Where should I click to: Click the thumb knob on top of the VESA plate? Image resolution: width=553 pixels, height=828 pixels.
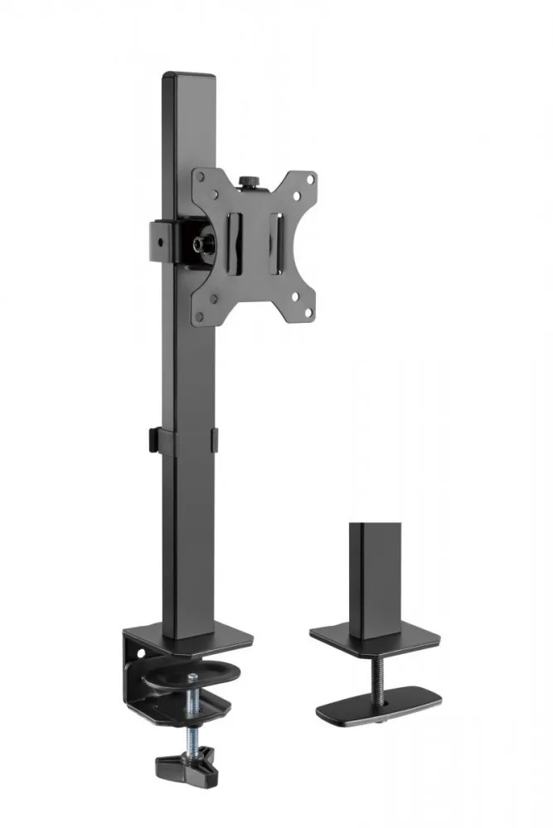pyautogui.click(x=248, y=180)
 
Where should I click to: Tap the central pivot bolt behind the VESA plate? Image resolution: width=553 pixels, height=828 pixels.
pyautogui.click(x=201, y=243)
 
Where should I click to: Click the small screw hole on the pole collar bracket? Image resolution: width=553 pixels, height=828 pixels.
pyautogui.click(x=158, y=243)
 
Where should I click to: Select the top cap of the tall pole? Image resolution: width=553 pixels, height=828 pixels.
pyautogui.click(x=188, y=76)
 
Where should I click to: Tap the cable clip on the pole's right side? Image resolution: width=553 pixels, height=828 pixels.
pyautogui.click(x=214, y=440)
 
